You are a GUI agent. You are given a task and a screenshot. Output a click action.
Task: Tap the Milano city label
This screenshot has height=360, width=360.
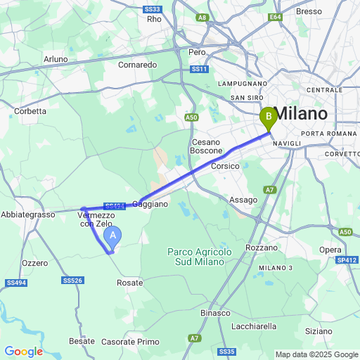point(300,114)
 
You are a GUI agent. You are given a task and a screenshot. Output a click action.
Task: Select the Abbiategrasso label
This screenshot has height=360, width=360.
point(28,214)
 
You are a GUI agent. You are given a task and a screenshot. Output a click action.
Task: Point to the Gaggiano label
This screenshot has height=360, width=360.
point(150,204)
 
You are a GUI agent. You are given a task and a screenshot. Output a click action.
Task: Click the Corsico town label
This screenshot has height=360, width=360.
point(225,166)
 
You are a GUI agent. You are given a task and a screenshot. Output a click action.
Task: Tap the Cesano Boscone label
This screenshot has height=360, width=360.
point(207,146)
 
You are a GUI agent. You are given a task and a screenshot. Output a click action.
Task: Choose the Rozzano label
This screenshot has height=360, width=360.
point(262,248)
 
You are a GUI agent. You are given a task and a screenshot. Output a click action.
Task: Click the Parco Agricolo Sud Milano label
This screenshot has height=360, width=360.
point(196,257)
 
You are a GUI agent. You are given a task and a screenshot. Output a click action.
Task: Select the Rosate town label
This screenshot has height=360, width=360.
point(130,283)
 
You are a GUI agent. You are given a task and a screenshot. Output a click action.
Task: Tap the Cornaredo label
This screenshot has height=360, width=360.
point(138,65)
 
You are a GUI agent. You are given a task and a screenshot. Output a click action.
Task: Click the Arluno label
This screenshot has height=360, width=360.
point(56,59)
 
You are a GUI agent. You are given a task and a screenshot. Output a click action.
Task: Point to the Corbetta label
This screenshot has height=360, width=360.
point(30,111)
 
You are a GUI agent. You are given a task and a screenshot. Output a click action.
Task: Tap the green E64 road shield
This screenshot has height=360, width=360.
point(275,17)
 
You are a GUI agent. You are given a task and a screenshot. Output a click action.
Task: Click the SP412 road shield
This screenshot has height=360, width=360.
point(346,260)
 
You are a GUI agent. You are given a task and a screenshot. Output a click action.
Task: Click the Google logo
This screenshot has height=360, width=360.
point(23,352)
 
